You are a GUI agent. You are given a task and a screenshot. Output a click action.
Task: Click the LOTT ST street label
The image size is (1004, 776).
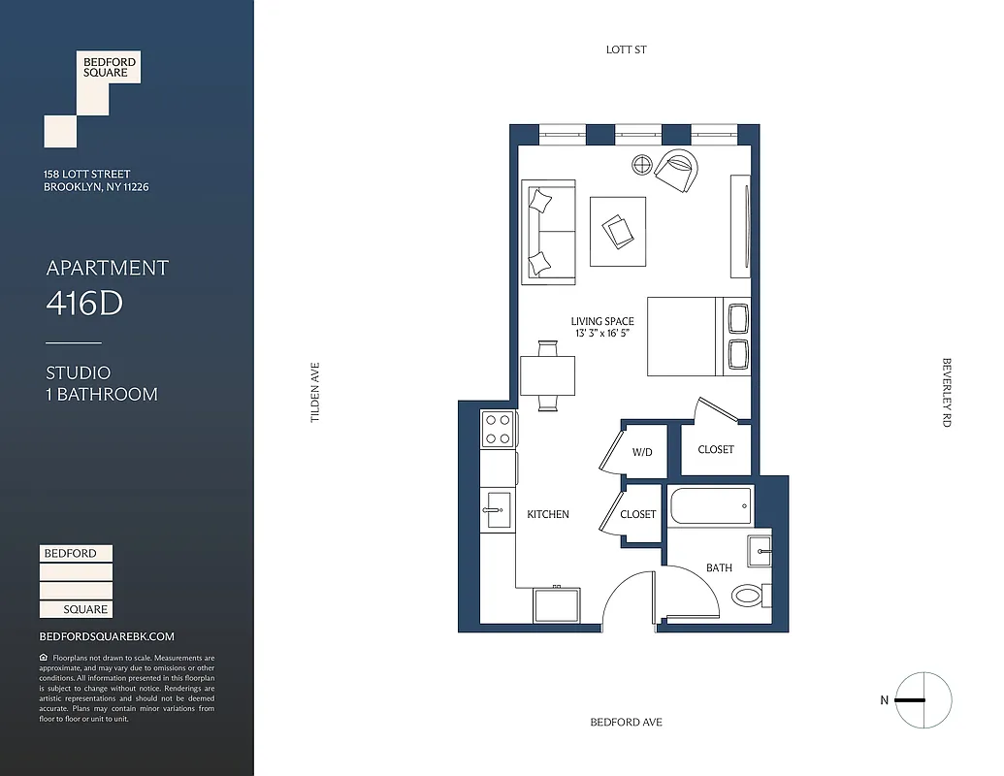(x=626, y=49)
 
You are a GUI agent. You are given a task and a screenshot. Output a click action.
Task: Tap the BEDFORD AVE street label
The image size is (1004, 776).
(x=626, y=722)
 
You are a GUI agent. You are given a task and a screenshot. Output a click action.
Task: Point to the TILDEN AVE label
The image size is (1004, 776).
(x=314, y=392)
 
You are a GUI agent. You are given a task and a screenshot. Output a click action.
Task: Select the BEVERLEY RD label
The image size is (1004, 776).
(x=946, y=392)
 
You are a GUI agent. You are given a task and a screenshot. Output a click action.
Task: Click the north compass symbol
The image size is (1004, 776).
(x=923, y=699)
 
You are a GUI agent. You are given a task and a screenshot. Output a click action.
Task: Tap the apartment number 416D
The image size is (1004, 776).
(x=84, y=304)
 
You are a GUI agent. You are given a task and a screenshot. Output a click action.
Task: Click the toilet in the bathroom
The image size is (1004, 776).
(x=748, y=594)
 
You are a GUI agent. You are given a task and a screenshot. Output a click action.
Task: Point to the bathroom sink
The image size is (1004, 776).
(x=760, y=551)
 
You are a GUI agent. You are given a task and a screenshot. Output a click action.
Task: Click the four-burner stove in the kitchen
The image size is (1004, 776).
(x=498, y=429)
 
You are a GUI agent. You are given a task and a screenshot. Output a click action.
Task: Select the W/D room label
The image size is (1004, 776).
(x=642, y=452)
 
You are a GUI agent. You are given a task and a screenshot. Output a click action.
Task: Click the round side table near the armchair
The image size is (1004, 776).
(x=643, y=165)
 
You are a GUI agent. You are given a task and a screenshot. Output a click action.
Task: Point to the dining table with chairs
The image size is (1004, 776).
(x=547, y=375)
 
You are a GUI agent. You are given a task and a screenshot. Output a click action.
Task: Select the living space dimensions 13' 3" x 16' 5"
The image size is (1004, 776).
(x=602, y=333)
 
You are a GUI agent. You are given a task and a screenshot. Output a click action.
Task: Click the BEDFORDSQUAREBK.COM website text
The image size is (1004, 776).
(x=107, y=636)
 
